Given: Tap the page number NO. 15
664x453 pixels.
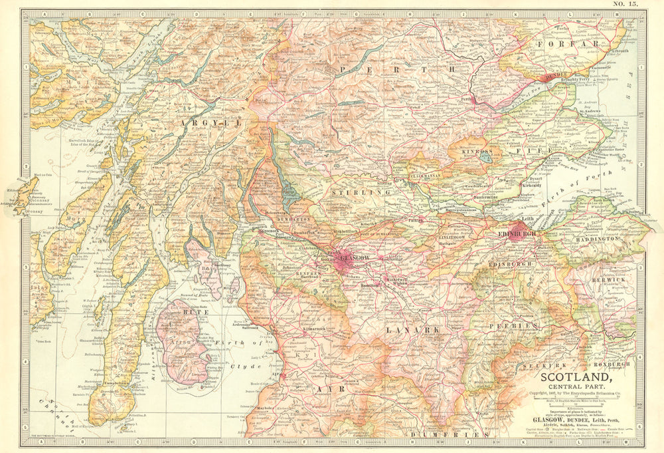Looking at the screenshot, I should [x=625, y=5].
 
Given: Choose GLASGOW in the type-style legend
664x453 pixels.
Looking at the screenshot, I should [x=550, y=420].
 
